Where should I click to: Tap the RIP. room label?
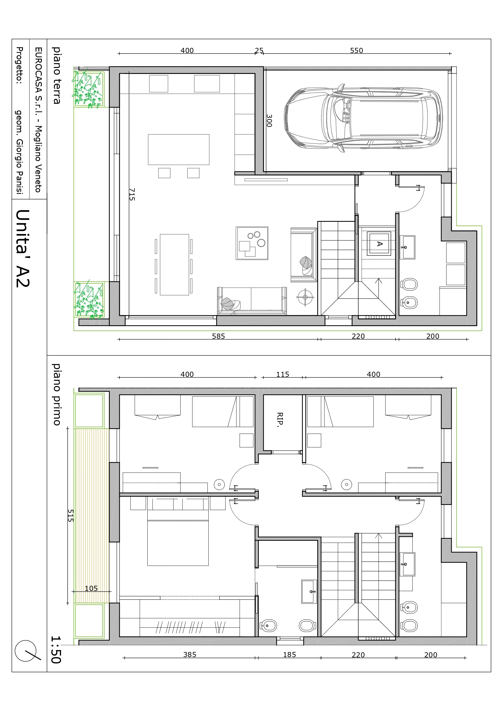(280, 420)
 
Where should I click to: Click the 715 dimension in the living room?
(132, 194)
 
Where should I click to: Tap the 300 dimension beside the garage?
(269, 120)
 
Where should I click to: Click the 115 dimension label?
(283, 374)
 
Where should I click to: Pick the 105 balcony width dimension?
(91, 588)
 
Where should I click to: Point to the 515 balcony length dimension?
(71, 516)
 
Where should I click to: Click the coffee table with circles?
(252, 243)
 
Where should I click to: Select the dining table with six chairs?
(174, 265)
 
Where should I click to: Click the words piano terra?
(56, 75)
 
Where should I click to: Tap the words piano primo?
(56, 395)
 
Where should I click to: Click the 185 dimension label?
(289, 654)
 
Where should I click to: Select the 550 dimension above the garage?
(357, 50)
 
